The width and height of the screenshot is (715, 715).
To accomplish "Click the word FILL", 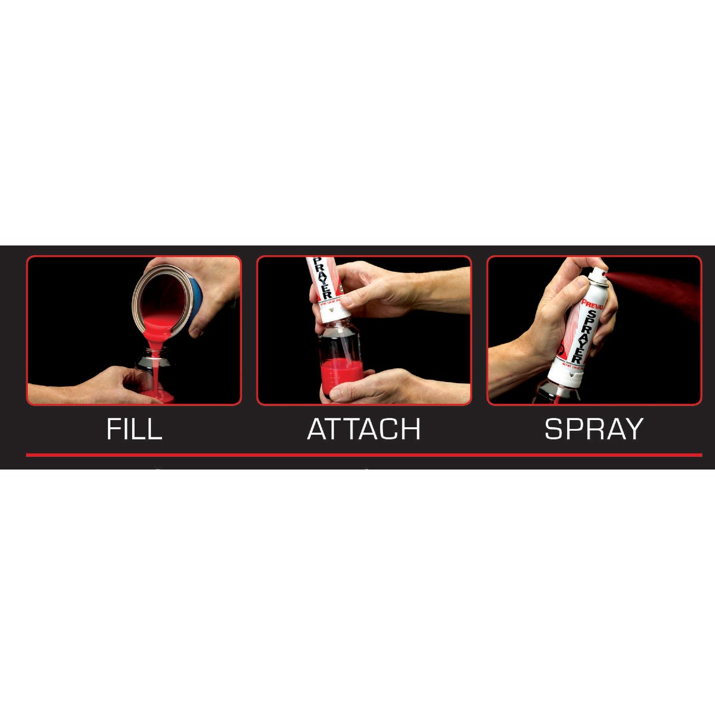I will [134, 429].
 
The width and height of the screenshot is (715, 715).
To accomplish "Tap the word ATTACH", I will [363, 429].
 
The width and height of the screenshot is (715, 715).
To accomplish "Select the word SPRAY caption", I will [594, 429].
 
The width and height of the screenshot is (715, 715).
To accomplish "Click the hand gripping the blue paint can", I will [209, 298].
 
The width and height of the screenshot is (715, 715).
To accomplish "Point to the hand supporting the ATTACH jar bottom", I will [381, 387].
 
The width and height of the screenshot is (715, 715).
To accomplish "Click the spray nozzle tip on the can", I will [604, 275].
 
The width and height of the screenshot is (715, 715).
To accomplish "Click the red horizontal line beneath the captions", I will [363, 455].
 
